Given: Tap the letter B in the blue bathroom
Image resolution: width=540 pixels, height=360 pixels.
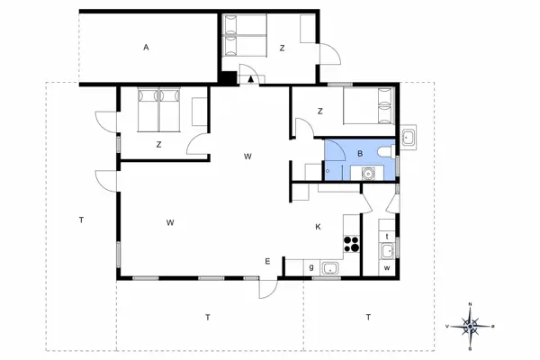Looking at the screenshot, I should click(x=360, y=154).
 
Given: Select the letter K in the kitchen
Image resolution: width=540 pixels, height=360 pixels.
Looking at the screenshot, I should click(x=318, y=228).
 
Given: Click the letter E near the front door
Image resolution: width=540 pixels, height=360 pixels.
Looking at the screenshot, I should click(x=267, y=262).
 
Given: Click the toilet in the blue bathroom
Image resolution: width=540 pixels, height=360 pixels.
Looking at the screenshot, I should click(x=384, y=152).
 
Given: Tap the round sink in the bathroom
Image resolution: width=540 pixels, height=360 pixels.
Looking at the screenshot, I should click(x=367, y=173).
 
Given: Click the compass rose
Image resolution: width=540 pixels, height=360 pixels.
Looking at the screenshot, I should click(x=471, y=324).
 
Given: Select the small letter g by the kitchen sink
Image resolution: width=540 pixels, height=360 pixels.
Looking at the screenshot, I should click(x=311, y=267).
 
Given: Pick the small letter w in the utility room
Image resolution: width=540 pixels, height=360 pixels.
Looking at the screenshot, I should click(x=387, y=267).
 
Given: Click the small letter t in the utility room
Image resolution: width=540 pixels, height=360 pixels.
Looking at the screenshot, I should click(x=387, y=236).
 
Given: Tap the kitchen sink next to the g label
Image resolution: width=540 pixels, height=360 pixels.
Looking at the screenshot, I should click(x=330, y=267).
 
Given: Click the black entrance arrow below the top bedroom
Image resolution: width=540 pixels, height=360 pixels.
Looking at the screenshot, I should click(x=249, y=79).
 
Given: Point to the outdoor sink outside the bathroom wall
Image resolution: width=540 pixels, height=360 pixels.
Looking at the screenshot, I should click(x=408, y=138).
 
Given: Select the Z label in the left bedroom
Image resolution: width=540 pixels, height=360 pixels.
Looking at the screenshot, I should click(x=158, y=144).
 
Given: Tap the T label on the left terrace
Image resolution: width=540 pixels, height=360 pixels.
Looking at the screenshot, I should click(x=81, y=220).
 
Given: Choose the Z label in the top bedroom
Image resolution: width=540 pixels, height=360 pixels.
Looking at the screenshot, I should click(x=282, y=48).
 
